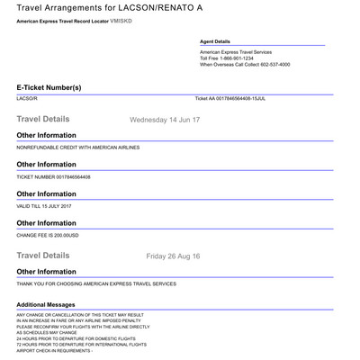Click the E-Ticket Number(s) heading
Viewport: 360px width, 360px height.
pos(49,87)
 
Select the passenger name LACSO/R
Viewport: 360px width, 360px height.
pos(28,98)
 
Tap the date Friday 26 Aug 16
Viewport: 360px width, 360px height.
pos(173,256)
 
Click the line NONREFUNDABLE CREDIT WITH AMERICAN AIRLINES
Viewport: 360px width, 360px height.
pos(78,147)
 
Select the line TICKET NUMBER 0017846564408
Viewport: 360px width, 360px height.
pos(53,176)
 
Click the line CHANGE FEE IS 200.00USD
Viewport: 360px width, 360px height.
pos(49,235)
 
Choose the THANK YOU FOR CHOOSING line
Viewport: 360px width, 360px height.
pos(96,283)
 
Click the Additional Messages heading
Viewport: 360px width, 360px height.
pos(51,304)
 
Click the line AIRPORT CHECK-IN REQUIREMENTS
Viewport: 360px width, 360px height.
pos(54,349)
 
